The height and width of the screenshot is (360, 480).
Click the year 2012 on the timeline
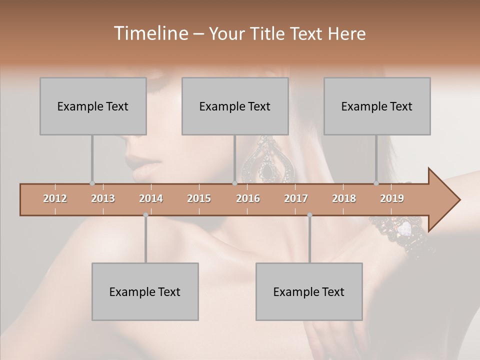coord(55,198)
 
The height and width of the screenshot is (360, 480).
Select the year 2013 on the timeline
coord(103,198)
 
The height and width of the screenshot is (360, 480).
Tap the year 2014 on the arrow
coord(151,198)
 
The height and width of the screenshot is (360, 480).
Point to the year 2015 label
coord(199,198)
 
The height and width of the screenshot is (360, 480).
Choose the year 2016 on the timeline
coord(248,198)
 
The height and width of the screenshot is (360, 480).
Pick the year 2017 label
coord(296,198)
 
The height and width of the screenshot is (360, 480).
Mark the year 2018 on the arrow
coord(344,198)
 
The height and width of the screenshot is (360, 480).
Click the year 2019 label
coord(392,198)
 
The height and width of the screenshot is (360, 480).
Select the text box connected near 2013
coord(93,106)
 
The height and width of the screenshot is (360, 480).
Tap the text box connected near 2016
coord(235,106)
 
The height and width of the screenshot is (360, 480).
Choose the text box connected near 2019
coord(377,106)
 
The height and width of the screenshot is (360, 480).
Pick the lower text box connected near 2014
coord(145,291)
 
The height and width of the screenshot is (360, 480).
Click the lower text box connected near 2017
coord(309,291)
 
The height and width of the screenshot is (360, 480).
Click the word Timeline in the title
coord(150,33)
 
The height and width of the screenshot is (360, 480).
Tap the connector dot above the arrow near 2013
coord(92,183)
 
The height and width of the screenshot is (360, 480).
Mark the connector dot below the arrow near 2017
coord(309,215)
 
